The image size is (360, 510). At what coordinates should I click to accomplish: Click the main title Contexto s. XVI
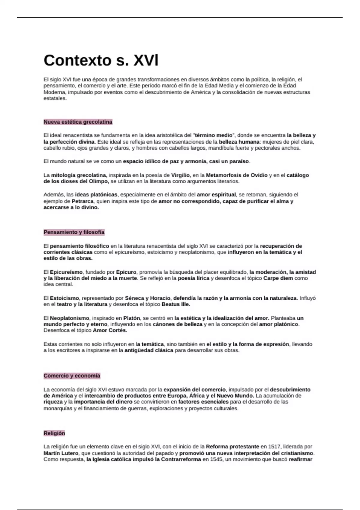point(101,60)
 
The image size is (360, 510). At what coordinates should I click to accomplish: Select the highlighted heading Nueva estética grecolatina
point(78,122)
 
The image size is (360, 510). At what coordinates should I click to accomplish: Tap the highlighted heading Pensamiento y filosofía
point(74,232)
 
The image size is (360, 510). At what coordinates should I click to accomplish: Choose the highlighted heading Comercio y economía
point(72,376)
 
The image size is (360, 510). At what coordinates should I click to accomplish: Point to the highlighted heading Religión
point(54,433)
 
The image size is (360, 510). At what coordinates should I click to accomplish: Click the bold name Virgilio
point(181,175)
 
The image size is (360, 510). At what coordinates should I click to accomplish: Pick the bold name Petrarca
point(82,201)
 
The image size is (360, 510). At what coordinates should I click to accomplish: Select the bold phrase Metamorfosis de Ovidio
point(236,175)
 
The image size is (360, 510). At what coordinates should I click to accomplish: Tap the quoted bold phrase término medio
point(214,135)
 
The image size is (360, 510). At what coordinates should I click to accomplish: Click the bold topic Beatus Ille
point(176,304)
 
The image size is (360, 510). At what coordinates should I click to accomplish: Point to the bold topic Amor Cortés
point(110,331)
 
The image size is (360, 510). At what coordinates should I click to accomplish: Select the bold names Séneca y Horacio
point(148,298)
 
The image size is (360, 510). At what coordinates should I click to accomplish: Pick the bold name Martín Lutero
point(61,453)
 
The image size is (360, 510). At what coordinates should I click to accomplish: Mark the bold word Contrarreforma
point(181,460)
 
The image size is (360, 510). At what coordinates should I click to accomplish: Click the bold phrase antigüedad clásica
point(149,350)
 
